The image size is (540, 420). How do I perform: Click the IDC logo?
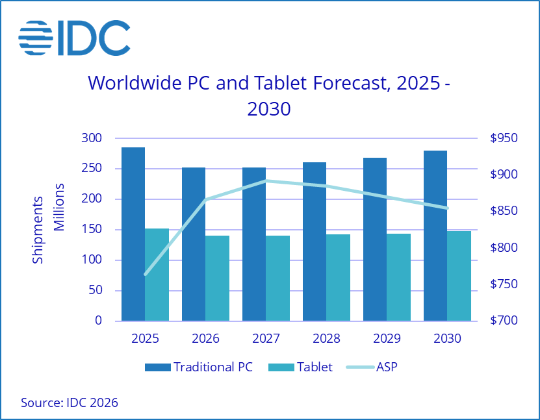[73, 38]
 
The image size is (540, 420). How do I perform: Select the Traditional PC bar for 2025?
[133, 234]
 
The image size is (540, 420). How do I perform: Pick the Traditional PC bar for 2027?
[254, 243]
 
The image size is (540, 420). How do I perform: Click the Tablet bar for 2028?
[338, 277]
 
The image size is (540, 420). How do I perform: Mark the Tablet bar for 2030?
[459, 275]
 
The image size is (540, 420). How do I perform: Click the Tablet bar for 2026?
[217, 278]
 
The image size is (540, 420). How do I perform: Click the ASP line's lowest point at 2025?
[145, 275]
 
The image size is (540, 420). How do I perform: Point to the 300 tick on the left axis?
[91, 138]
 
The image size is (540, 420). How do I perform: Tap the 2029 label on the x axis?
[387, 338]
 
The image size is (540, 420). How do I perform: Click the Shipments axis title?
[38, 229]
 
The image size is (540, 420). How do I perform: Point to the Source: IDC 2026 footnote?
[70, 403]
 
